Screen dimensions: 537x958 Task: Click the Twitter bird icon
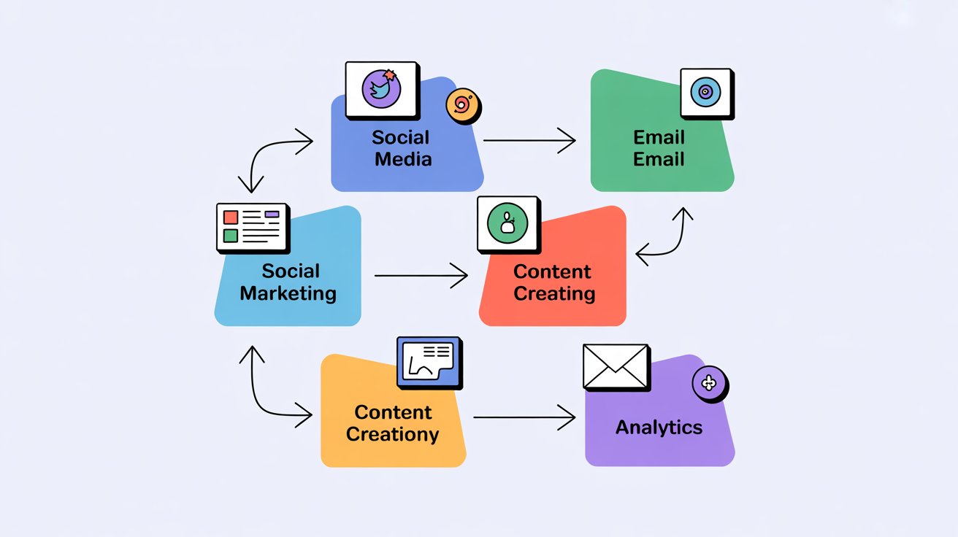click(x=382, y=90)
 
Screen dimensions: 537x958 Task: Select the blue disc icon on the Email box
click(x=705, y=92)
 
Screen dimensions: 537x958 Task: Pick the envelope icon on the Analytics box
click(x=616, y=366)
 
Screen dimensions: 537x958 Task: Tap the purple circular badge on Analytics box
click(x=709, y=382)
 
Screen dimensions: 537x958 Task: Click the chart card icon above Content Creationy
click(x=429, y=361)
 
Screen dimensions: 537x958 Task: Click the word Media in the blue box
click(x=403, y=158)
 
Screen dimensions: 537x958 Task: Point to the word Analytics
click(x=659, y=428)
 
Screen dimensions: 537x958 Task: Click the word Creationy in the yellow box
click(x=392, y=435)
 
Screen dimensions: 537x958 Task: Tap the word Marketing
click(x=288, y=293)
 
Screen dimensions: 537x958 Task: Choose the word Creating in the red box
click(x=554, y=293)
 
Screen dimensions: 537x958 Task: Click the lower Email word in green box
click(x=659, y=158)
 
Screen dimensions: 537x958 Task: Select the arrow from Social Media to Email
click(x=529, y=139)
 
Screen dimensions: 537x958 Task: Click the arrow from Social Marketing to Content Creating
click(x=421, y=276)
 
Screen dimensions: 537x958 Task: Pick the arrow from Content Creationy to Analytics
click(x=524, y=417)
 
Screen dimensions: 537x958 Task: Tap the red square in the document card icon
click(x=231, y=217)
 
